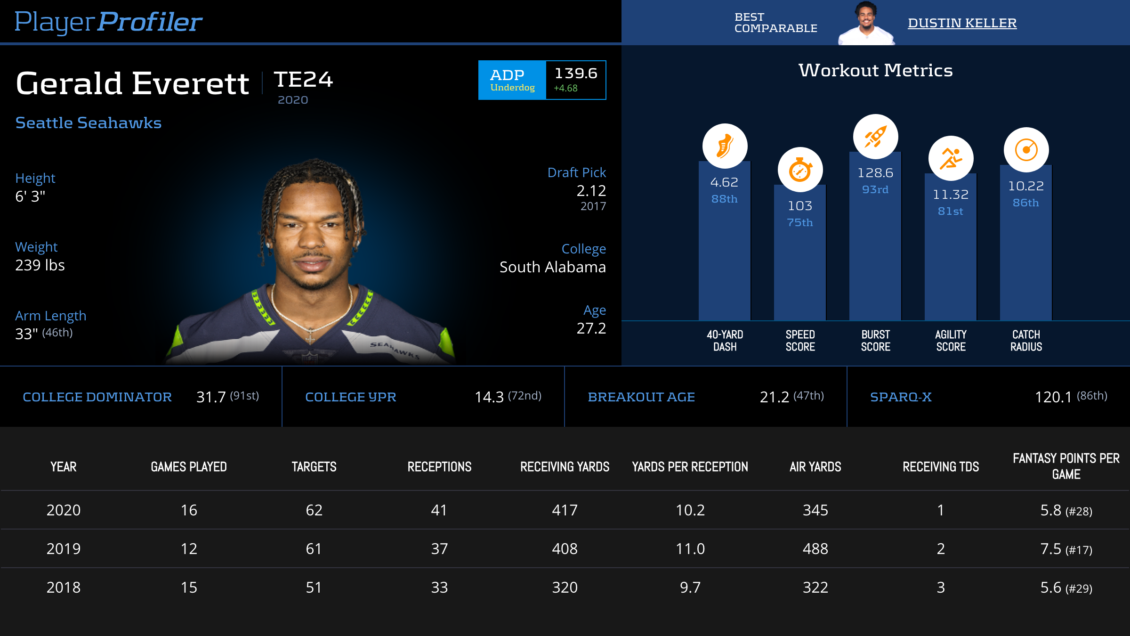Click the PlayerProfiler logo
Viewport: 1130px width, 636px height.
click(108, 22)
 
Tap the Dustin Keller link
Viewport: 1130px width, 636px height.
click(962, 23)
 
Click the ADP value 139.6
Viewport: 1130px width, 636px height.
click(575, 73)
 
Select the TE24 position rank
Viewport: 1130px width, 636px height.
click(304, 79)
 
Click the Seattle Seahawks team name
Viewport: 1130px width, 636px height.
click(89, 122)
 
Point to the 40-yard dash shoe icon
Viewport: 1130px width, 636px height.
click(725, 146)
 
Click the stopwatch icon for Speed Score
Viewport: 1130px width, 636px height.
click(800, 170)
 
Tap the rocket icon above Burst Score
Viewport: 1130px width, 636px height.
click(875, 137)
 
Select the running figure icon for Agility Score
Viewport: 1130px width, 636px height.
click(951, 158)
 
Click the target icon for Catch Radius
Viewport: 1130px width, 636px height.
click(1026, 150)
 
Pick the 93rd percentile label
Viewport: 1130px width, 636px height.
click(875, 189)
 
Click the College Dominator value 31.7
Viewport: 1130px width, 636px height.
click(211, 397)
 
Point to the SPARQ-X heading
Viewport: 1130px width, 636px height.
click(901, 397)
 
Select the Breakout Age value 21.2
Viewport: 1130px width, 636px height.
click(774, 397)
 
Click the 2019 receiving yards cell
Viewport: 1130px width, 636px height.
click(565, 549)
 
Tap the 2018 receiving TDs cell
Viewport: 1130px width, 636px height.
click(941, 587)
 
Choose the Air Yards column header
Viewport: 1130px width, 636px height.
click(815, 467)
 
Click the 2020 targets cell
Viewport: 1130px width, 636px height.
click(314, 510)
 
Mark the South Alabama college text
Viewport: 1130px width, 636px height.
click(552, 267)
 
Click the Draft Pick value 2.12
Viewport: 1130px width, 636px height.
click(591, 191)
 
